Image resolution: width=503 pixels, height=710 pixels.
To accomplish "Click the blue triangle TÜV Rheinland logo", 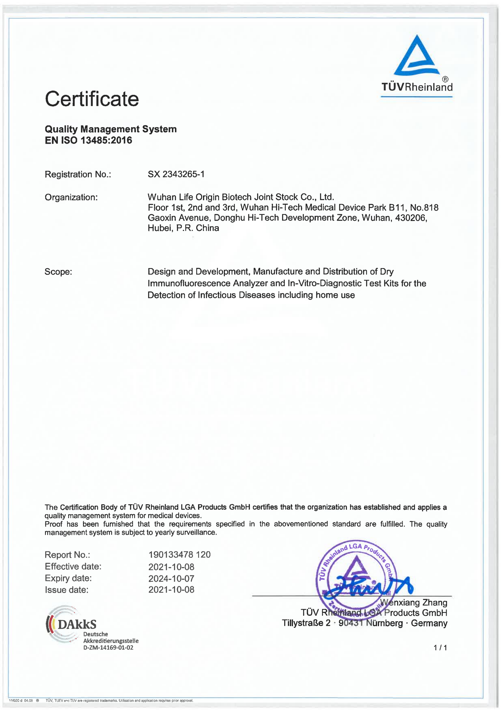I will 417,56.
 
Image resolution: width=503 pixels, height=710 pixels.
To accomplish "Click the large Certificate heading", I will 92,99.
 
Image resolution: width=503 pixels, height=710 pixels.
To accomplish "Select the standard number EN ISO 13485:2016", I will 88,140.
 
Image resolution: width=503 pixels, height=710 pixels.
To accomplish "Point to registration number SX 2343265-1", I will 176,174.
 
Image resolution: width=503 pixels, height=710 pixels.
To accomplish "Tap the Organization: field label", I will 71,197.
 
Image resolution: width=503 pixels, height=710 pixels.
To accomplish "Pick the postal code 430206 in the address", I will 410,218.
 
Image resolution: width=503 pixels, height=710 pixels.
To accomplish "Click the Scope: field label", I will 58,272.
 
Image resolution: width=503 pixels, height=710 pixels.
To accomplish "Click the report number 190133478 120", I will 179,555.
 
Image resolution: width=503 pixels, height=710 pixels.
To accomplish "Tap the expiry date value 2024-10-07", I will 171,578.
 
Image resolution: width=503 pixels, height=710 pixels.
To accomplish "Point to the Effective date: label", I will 73,567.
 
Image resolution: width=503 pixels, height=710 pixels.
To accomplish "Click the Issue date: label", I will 66,590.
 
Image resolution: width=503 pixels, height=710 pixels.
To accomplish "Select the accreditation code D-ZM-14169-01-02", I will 108,647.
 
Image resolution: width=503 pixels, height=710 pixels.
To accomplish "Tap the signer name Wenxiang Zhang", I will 414,603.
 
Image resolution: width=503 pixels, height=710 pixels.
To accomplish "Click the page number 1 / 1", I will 440,648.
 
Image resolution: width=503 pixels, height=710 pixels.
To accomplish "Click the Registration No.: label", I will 78,174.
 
